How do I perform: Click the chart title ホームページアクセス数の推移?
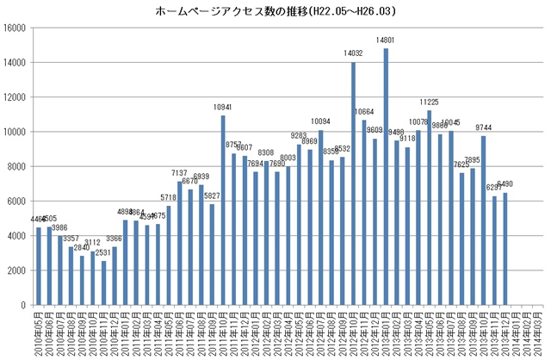tap(275, 12)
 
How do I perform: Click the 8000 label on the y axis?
tap(18, 166)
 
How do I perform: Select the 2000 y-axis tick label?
tap(18, 270)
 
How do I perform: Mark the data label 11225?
tap(429, 102)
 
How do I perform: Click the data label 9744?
tap(484, 127)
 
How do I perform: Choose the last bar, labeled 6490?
tap(505, 249)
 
